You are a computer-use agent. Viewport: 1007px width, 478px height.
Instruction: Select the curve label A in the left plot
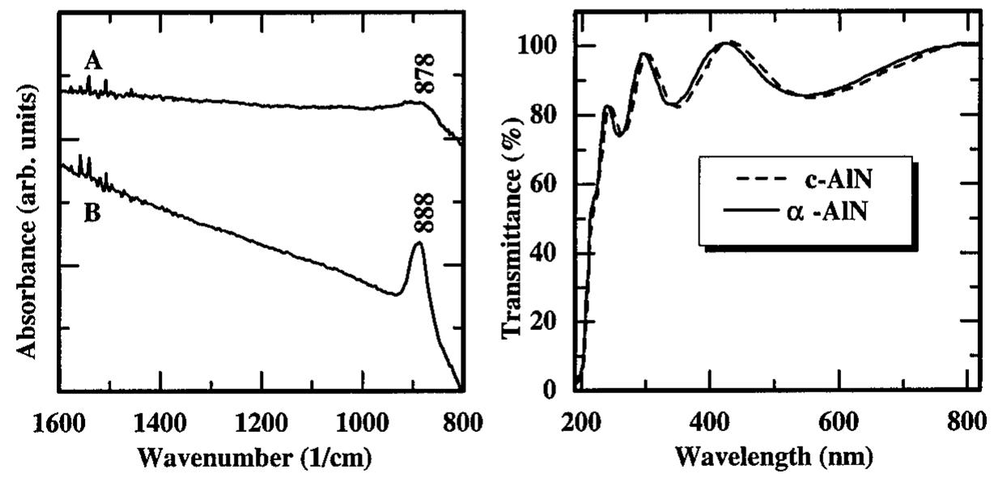[93, 61]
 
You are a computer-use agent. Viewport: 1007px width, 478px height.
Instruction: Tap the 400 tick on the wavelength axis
[710, 421]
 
